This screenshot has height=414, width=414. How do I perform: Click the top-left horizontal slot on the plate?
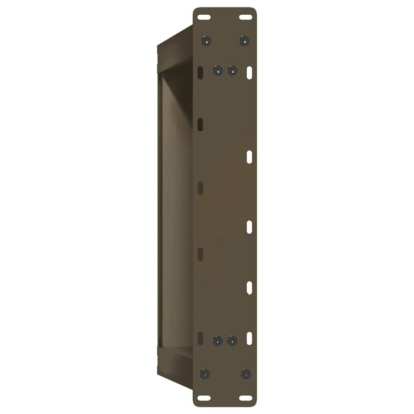204,17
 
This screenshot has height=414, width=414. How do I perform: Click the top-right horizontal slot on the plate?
245,17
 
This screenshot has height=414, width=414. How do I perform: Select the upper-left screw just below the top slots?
206,41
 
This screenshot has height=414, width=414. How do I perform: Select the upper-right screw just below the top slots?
244,41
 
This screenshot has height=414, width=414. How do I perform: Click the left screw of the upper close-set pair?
217,70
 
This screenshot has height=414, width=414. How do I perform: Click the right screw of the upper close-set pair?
232,70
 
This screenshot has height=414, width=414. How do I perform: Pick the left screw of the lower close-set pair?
217,341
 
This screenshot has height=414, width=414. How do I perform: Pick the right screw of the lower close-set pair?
232,341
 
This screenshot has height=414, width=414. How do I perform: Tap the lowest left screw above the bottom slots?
205,373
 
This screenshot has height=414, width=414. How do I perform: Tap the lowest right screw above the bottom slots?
245,373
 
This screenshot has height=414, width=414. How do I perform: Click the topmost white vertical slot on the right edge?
249,72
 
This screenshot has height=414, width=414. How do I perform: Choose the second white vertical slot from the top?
249,157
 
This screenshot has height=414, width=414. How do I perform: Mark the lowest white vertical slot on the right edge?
249,338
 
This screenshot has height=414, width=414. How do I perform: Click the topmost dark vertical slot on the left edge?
200,72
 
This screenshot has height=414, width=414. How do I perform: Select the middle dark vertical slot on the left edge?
200,187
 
